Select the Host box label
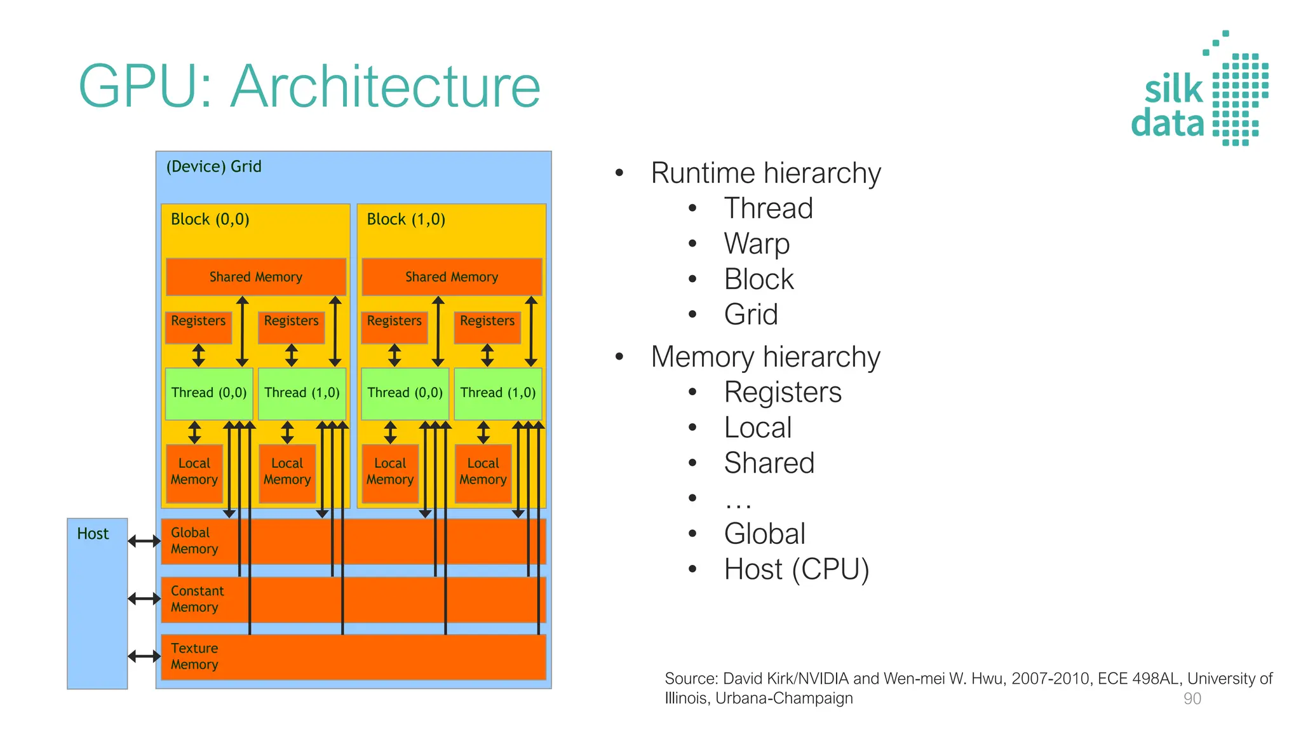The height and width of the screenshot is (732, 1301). (93, 534)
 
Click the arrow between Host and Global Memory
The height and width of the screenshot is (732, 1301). (144, 541)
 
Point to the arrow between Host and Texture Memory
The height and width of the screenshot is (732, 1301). (144, 656)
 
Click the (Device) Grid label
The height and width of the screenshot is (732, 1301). (213, 166)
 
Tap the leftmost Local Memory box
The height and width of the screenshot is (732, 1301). (194, 473)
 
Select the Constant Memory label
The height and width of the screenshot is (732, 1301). (197, 599)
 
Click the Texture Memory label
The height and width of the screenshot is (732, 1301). (194, 656)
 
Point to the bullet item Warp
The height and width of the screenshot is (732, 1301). (757, 244)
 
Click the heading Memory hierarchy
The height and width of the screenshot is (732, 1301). (765, 357)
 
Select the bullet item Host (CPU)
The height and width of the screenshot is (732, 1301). (797, 569)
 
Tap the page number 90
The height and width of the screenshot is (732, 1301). (1192, 699)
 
